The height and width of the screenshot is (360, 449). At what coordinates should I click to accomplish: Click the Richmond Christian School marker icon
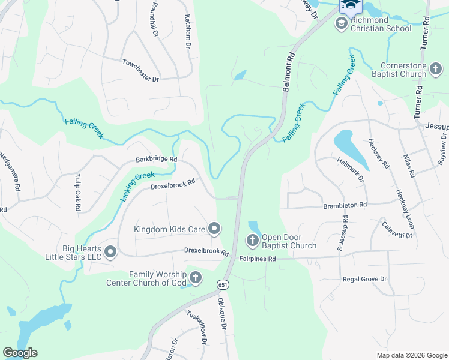(x=341, y=23)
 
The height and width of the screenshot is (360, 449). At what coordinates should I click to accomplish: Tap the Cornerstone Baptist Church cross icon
(x=436, y=71)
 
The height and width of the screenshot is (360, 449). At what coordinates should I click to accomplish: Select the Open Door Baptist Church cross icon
(x=253, y=241)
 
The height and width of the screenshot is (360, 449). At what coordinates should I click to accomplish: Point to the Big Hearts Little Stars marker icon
(x=110, y=253)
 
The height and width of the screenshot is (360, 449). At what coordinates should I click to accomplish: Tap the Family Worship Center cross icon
(x=195, y=278)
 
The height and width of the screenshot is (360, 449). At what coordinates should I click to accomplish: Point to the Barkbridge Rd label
(x=156, y=160)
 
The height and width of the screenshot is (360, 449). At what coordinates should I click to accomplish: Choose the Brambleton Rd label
(x=345, y=205)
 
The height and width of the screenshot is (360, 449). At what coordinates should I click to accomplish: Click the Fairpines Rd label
(x=257, y=259)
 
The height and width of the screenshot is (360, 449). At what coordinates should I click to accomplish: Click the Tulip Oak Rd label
(x=77, y=193)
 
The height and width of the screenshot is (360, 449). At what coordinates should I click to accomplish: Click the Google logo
(x=20, y=353)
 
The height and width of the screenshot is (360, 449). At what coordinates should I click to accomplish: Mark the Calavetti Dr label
(x=397, y=230)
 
